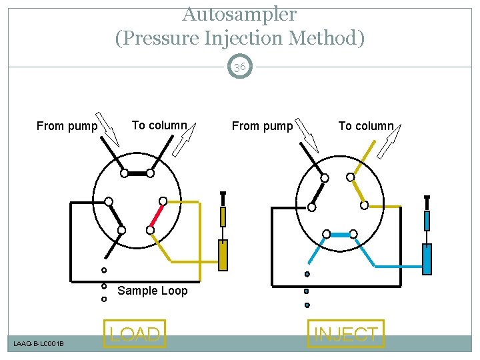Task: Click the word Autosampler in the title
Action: tap(239, 13)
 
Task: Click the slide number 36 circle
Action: tap(240, 67)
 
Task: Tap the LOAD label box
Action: tap(135, 334)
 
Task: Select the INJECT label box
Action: tap(346, 334)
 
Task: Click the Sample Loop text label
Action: tap(153, 291)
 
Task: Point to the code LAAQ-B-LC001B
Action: tap(39, 343)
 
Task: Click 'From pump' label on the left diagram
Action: tap(67, 126)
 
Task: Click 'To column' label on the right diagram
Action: tap(366, 126)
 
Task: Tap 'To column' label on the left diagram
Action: tap(159, 125)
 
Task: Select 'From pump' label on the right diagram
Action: tap(262, 126)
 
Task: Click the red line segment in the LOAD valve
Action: tap(157, 215)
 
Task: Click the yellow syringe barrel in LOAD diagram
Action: tap(223, 255)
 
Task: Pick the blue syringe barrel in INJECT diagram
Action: tap(427, 259)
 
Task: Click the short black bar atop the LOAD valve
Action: tap(137, 173)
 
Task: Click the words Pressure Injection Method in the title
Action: tap(240, 38)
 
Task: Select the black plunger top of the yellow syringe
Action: tap(223, 194)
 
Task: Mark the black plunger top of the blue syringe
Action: tap(427, 198)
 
